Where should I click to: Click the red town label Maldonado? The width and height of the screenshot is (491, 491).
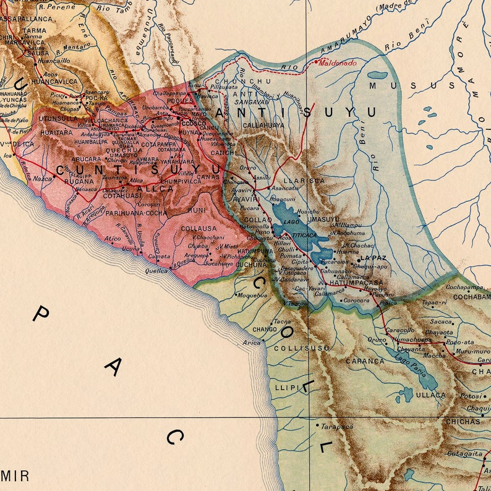[x=337, y=62]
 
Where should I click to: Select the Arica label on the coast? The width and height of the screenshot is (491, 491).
[x=252, y=342]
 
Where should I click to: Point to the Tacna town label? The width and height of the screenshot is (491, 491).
[x=282, y=322]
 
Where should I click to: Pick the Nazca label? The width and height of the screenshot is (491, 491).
[x=42, y=178]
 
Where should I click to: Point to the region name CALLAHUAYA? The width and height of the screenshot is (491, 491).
[x=263, y=124]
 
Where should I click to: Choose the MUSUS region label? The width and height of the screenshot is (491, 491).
[x=396, y=85]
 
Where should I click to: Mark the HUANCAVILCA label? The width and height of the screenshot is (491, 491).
[x=35, y=81]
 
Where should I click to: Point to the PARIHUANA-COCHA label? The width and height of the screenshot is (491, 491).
[x=136, y=213]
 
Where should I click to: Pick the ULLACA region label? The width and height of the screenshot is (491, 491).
[x=430, y=395]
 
